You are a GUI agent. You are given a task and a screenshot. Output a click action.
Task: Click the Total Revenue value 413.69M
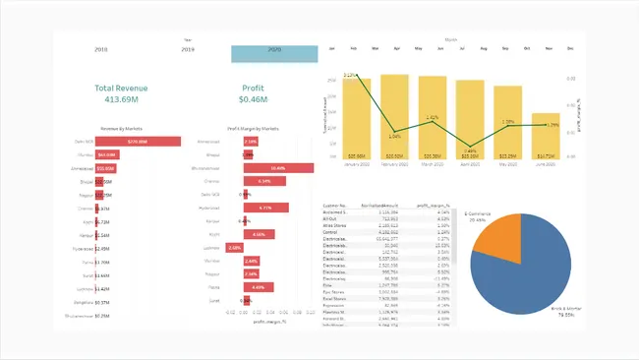tap(121, 100)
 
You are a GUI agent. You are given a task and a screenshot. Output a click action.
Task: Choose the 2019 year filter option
tap(187, 48)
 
